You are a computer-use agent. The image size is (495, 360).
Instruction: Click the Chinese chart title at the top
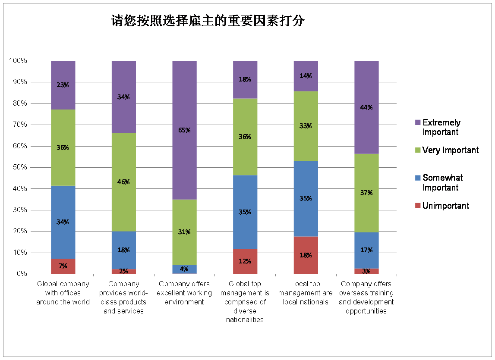click(208, 21)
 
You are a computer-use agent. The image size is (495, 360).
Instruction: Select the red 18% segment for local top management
click(306, 255)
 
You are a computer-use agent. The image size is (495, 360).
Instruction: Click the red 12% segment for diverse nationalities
click(245, 261)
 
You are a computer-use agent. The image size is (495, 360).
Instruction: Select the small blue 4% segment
click(184, 269)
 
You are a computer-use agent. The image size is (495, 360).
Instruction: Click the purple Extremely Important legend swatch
click(417, 123)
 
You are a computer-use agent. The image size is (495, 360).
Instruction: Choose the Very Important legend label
click(450, 150)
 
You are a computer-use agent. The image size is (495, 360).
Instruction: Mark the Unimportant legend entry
click(445, 206)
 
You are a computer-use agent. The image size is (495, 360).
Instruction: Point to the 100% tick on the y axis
click(18, 61)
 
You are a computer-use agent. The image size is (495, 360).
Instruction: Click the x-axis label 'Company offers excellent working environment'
click(184, 293)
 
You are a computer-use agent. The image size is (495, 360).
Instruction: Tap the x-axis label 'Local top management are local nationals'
click(306, 293)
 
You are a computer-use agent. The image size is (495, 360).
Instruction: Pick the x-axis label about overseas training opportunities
click(366, 297)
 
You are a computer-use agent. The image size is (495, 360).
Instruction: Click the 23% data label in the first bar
click(63, 85)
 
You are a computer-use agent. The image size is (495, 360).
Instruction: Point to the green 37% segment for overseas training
click(366, 193)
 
